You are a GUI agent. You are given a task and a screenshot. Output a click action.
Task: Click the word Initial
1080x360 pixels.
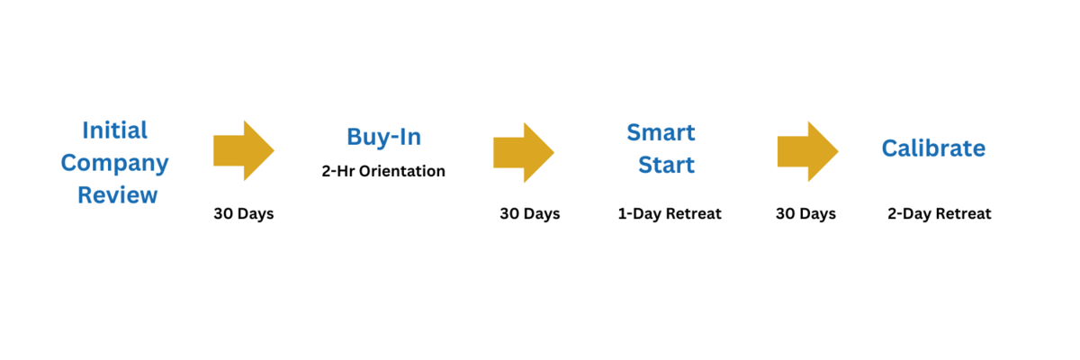click(x=115, y=130)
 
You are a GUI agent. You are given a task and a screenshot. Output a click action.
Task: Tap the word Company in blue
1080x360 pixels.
click(x=115, y=164)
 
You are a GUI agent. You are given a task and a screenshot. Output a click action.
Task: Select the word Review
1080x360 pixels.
click(x=118, y=195)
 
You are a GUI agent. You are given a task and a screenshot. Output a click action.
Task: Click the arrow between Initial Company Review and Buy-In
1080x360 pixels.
click(x=244, y=151)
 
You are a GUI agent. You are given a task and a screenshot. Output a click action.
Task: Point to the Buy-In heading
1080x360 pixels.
click(x=383, y=137)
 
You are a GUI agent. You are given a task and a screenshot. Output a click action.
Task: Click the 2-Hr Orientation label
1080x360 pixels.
click(x=383, y=171)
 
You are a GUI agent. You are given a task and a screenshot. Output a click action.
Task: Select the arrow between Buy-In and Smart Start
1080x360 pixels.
click(x=524, y=153)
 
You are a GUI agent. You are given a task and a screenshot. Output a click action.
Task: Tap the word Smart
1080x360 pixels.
click(x=661, y=132)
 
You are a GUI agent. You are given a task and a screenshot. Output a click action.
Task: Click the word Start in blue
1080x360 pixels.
click(x=666, y=165)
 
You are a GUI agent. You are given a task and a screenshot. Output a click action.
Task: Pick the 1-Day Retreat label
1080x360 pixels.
click(x=670, y=213)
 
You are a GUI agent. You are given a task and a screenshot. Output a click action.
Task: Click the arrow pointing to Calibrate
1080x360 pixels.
click(x=808, y=152)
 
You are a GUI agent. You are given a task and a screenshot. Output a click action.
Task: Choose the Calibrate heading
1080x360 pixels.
click(x=934, y=148)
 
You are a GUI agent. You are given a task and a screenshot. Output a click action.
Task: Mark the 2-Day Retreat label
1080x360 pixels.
click(x=940, y=213)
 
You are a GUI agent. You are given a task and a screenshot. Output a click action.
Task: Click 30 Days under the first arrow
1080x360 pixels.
click(x=244, y=213)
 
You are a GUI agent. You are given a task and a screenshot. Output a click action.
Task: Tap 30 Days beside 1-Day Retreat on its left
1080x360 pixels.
click(x=530, y=213)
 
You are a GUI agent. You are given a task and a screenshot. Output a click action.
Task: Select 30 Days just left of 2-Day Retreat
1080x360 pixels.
click(x=805, y=213)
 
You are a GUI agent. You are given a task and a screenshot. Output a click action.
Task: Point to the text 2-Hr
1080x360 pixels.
click(x=338, y=171)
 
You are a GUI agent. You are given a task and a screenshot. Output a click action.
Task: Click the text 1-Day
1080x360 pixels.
click(x=639, y=213)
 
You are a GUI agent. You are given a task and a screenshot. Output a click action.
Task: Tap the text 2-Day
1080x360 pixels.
click(x=909, y=213)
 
